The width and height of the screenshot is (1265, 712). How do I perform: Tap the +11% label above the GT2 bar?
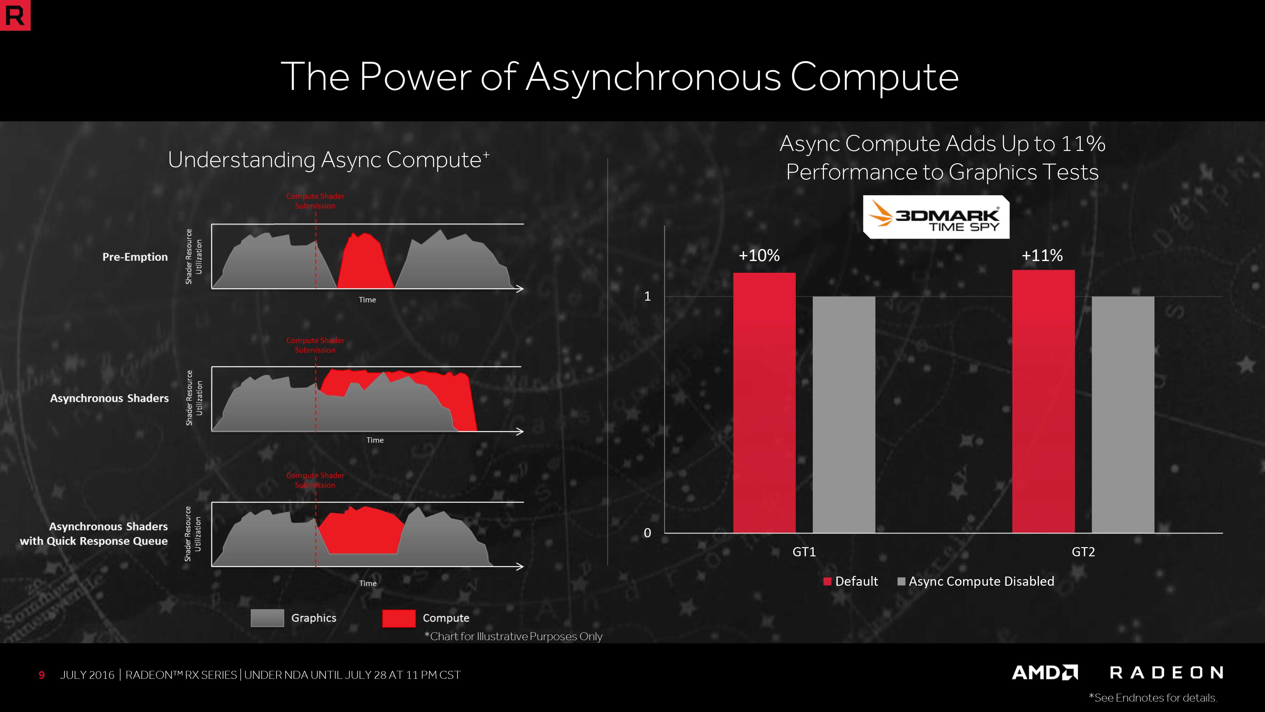[x=1042, y=255]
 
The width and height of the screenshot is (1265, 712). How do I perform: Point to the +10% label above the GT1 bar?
[x=759, y=255]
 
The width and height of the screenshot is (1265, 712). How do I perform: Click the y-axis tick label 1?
[x=648, y=296]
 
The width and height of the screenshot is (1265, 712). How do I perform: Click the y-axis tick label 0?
[x=647, y=533]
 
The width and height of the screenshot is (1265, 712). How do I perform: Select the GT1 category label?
[x=804, y=552]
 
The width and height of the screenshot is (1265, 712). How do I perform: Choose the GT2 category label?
[x=1083, y=552]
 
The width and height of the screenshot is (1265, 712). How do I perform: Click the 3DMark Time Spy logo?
[x=936, y=217]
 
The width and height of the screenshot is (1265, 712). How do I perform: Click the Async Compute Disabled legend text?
[x=981, y=581]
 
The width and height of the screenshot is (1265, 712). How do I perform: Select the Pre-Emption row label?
[x=135, y=257]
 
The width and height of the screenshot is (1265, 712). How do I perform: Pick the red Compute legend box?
[x=399, y=618]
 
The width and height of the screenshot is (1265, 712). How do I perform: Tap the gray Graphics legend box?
[x=267, y=618]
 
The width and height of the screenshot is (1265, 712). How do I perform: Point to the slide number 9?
[x=42, y=675]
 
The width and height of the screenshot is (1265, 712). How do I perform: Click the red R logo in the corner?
[x=15, y=15]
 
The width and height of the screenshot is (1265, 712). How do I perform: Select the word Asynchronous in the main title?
[x=653, y=78]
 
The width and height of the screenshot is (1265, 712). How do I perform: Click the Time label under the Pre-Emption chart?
[x=367, y=300]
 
